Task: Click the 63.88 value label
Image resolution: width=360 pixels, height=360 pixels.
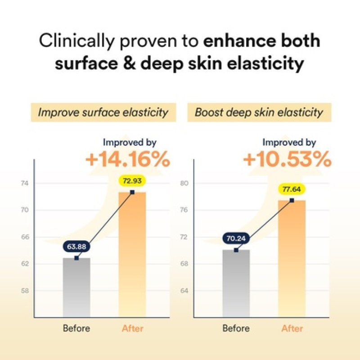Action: click(76, 247)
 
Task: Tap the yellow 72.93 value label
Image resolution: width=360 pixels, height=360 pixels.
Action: click(132, 180)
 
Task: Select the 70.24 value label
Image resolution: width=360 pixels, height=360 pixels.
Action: click(236, 239)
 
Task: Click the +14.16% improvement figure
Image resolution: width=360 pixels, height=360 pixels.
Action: click(128, 160)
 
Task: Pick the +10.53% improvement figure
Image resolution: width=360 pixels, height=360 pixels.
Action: click(287, 160)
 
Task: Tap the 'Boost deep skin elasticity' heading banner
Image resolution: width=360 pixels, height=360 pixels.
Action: click(259, 112)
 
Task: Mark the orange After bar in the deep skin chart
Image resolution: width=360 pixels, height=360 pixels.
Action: click(292, 258)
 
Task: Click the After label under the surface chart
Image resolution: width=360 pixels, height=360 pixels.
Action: click(132, 328)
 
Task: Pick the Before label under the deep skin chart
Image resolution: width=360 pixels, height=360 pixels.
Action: click(236, 328)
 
